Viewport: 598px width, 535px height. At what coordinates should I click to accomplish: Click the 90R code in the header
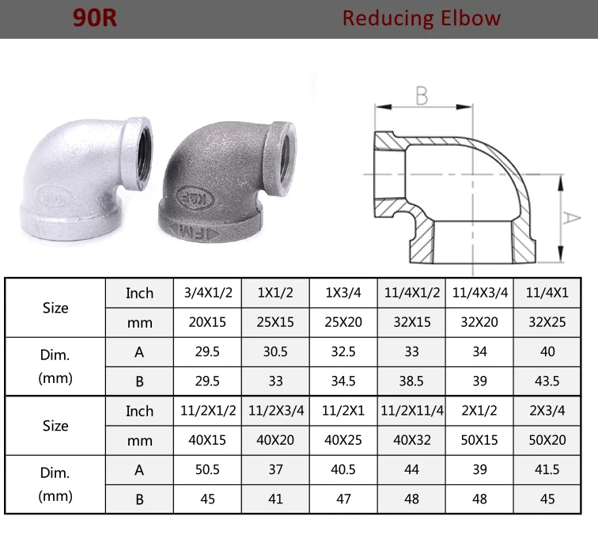click(95, 18)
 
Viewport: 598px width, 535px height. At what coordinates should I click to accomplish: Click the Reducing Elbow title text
click(421, 18)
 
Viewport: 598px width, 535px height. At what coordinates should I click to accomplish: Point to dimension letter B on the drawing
click(422, 97)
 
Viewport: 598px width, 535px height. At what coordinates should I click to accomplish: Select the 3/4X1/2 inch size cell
click(207, 293)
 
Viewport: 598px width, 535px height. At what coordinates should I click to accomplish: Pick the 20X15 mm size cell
click(207, 323)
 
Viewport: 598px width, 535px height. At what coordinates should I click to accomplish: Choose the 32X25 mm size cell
click(547, 323)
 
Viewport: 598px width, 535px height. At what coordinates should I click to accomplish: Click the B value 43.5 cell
click(547, 381)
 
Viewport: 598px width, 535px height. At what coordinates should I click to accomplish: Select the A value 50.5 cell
click(207, 469)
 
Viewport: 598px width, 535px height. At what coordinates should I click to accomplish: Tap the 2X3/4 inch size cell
click(547, 411)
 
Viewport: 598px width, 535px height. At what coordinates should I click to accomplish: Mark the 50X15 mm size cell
click(479, 440)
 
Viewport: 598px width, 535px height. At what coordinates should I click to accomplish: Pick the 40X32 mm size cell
click(411, 440)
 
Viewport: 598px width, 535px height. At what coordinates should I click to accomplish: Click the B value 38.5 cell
click(411, 381)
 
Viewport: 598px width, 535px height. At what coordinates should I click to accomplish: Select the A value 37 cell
click(275, 469)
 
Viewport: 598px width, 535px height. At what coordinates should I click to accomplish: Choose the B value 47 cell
click(343, 499)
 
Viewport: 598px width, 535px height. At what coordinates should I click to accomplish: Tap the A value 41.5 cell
click(547, 469)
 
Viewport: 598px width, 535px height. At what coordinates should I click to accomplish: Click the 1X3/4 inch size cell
click(343, 293)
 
